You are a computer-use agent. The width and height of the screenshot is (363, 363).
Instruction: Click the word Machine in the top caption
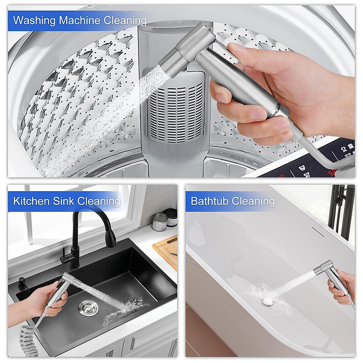point(80,21)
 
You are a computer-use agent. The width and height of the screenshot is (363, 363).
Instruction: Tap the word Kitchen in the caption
point(31,201)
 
